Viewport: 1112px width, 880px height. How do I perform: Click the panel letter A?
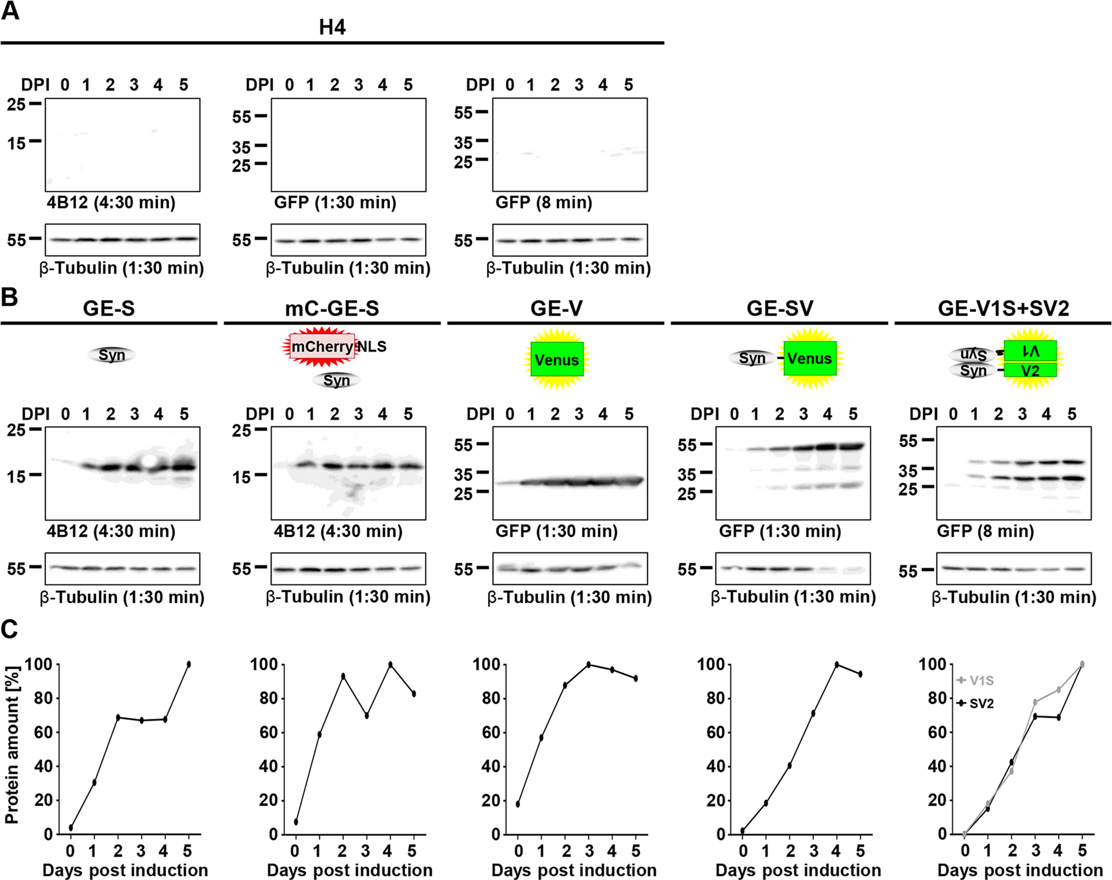(x=10, y=12)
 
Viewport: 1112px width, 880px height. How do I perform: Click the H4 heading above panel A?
(x=332, y=27)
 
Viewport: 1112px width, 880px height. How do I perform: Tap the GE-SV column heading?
(x=780, y=308)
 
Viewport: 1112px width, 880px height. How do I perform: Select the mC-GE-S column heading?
(x=332, y=308)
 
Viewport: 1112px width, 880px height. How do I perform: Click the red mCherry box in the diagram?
(x=322, y=346)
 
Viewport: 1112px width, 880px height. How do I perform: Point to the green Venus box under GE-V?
(x=557, y=359)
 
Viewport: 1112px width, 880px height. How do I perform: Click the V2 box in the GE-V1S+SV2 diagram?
(x=1030, y=371)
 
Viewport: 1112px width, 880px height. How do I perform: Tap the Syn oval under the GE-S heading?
(x=112, y=355)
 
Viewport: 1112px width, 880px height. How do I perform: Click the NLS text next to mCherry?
(x=372, y=346)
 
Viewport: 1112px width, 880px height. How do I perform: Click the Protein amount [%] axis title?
(x=12, y=745)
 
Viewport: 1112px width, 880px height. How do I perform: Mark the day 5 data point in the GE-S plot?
(x=189, y=664)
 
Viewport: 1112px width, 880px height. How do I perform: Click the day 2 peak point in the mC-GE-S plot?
(x=343, y=676)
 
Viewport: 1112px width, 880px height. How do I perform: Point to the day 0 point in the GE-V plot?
(x=517, y=804)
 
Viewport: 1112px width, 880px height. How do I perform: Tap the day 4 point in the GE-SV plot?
(x=837, y=664)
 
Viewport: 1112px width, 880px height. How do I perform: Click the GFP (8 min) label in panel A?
(x=543, y=203)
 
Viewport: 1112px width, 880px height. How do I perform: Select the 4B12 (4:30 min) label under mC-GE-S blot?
(x=338, y=532)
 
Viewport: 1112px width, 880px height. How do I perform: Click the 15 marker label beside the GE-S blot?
(x=16, y=476)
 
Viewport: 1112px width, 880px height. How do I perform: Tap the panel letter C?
(x=10, y=630)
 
